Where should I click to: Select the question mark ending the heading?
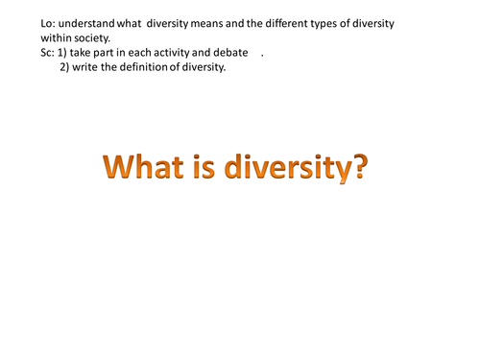(357, 169)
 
